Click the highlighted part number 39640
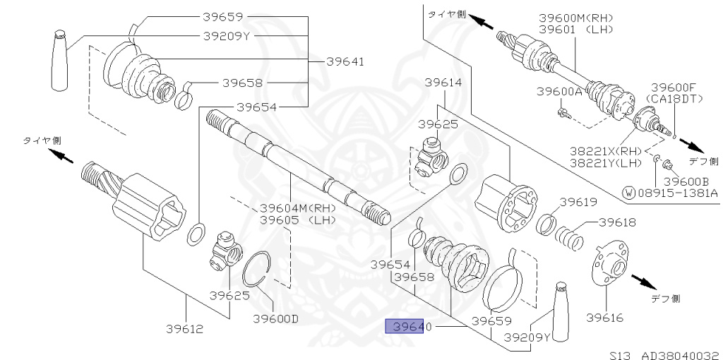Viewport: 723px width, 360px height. tap(403, 327)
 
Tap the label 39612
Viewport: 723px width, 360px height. tap(185, 328)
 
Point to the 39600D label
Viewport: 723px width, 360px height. tap(275, 318)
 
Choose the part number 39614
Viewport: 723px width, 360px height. tap(443, 83)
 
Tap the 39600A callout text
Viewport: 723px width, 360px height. tap(559, 92)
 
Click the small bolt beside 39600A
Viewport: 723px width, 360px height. tap(563, 111)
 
